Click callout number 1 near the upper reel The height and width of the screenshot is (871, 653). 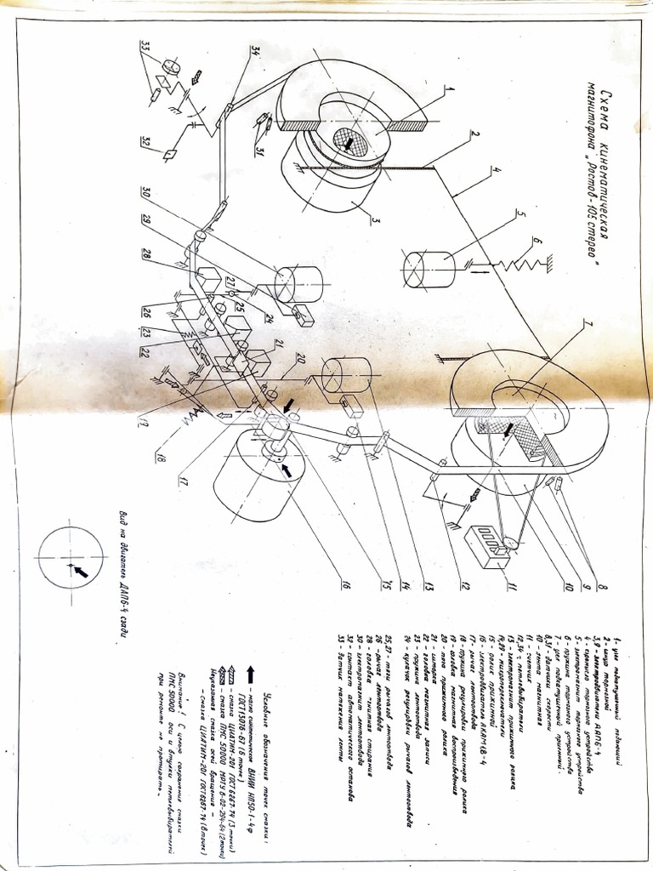(450, 88)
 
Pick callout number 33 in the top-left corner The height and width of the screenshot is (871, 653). (145, 45)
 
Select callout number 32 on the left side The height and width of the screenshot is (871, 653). (146, 142)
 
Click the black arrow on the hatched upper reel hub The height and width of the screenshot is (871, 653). (351, 142)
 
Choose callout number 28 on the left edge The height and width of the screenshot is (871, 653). (145, 254)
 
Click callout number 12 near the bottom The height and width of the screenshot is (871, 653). (465, 586)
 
